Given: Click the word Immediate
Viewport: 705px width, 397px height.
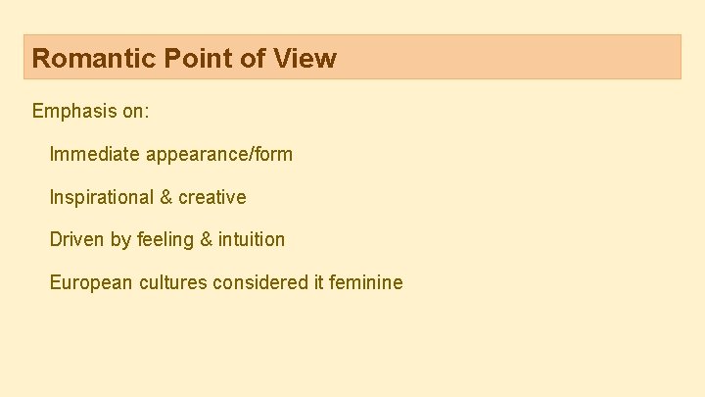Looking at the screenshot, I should click(x=94, y=154).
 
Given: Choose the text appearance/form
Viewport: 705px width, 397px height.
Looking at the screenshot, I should click(x=218, y=155).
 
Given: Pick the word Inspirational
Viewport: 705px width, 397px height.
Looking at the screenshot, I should click(x=99, y=197).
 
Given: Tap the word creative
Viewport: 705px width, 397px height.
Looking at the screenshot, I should click(x=211, y=197).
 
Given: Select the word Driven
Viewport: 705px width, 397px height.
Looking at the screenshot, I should click(x=76, y=239).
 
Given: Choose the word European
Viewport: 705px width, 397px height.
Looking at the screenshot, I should click(x=91, y=282).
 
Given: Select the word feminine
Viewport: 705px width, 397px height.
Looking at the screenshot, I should click(x=365, y=282).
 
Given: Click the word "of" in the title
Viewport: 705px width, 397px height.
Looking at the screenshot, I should click(x=253, y=58).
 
